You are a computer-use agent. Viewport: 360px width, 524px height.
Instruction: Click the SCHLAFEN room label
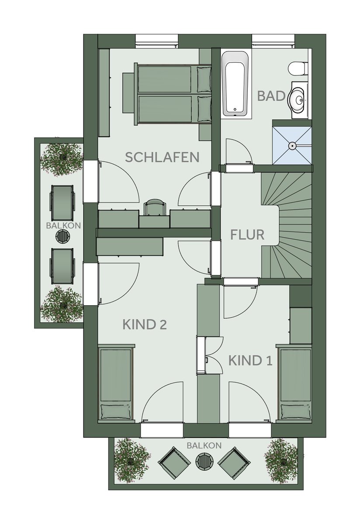pos(162,157)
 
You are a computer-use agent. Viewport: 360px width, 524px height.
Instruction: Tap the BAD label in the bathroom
pos(272,96)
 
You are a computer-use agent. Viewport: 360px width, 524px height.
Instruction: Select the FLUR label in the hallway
pos(247,234)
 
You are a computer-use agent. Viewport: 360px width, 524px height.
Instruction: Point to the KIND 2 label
pos(145,325)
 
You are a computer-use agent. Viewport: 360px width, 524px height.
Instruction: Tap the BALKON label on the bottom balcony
pos(204,446)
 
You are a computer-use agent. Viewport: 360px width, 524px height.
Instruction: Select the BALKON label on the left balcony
pos(63,226)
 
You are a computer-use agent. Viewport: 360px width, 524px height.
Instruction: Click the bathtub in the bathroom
pos(235,84)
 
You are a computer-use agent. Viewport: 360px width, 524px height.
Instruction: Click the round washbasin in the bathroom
pos(299,100)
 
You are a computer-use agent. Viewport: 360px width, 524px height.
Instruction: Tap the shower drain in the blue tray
pos(292,146)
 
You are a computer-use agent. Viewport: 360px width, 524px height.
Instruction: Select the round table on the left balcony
pos(63,237)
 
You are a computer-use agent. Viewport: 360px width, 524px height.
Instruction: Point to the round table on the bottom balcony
pos(204,461)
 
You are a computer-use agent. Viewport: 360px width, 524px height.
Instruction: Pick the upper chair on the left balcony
pos(62,203)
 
